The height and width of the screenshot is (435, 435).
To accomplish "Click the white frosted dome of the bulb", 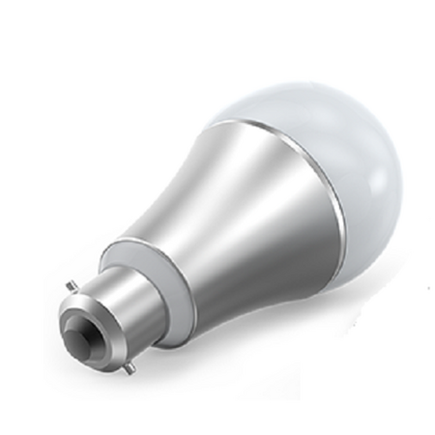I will point(319,155).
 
